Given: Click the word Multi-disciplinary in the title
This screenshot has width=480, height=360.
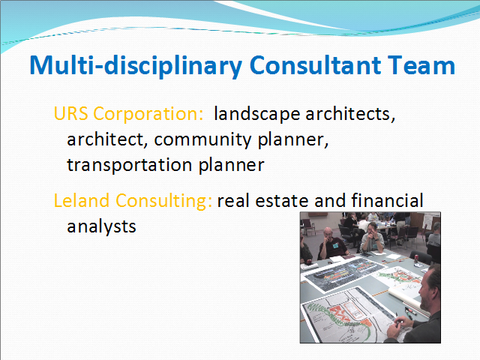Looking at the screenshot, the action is coord(136,66).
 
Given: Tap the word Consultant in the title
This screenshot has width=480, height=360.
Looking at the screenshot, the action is coord(315,65).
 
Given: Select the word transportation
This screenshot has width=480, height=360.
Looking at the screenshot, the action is coord(130,165).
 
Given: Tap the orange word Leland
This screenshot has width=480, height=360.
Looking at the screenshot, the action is coord(82,201).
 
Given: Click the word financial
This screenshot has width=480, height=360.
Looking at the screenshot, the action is coord(387,200).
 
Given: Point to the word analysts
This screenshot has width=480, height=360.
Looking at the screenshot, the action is coord(101,226).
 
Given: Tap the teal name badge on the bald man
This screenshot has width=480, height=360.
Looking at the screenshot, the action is coord(335,245).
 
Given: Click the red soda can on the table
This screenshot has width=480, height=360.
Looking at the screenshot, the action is coord(417,259).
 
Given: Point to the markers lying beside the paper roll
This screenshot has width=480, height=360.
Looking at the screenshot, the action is coord(410,311).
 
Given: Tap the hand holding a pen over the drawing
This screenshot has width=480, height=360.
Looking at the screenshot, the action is coord(398,325).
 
